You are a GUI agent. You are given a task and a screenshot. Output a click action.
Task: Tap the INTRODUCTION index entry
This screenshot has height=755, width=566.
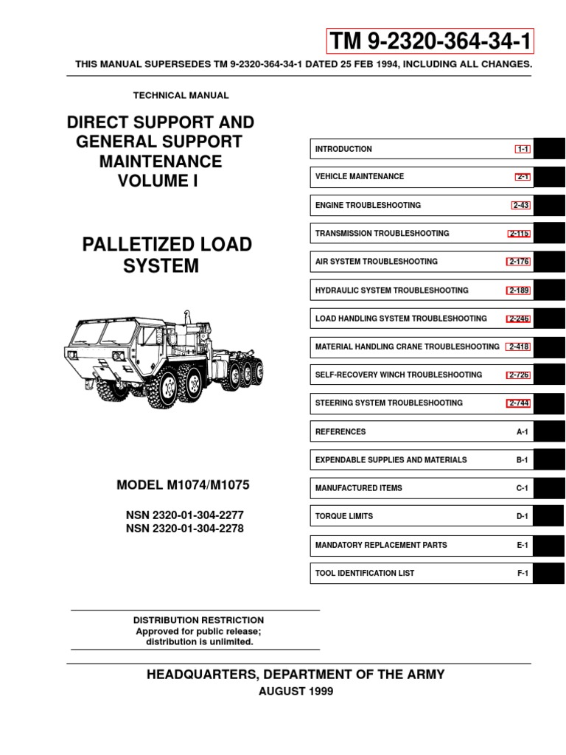[343, 149]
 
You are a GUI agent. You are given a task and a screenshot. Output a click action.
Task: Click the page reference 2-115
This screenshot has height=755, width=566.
[520, 234]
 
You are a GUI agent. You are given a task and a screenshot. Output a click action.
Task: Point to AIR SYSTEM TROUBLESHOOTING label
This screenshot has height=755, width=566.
[376, 262]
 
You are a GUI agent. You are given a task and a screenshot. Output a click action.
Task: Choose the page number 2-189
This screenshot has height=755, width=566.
[519, 290]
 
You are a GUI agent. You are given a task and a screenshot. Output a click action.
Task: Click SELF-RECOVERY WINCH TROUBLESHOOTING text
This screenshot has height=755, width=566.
[398, 375]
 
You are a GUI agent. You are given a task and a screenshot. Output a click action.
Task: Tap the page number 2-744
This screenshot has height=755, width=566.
[519, 403]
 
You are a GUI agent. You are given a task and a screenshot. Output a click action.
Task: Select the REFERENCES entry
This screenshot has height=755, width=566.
[340, 432]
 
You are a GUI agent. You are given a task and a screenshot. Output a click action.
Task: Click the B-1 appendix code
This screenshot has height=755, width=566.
[523, 460]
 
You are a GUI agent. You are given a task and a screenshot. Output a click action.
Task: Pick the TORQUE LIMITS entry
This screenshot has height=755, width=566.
[343, 517]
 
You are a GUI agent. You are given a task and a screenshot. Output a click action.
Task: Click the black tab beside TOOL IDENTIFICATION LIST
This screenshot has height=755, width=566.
[549, 574]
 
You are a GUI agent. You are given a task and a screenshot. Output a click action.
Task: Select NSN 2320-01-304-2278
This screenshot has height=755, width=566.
[185, 529]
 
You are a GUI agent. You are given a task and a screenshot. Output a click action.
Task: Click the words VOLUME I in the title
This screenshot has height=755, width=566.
[159, 180]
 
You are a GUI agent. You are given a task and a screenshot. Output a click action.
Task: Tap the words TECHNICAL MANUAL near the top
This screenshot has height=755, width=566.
[181, 95]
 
